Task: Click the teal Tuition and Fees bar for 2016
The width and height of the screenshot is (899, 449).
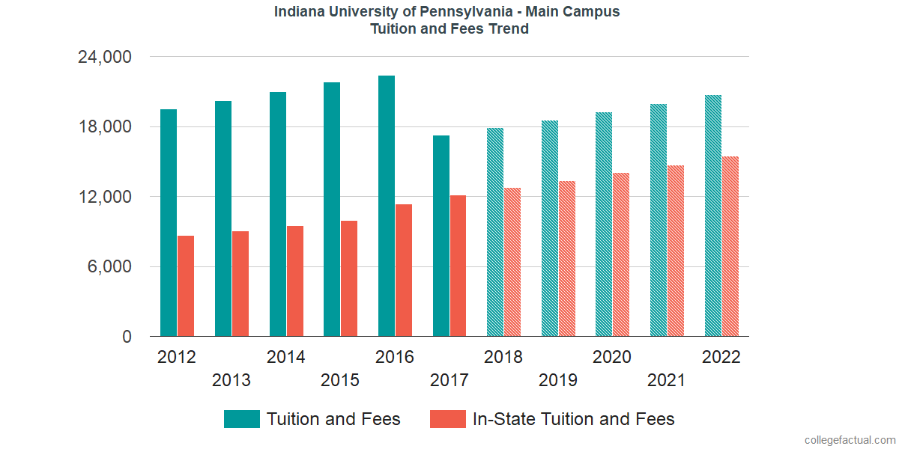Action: [387, 206]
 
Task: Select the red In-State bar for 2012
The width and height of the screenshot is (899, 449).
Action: [186, 286]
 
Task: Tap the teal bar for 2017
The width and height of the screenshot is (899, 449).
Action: [441, 236]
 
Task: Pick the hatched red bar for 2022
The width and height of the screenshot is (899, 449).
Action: [730, 246]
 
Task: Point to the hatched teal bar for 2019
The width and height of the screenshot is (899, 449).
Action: [550, 228]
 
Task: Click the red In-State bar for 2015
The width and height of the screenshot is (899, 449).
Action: [349, 278]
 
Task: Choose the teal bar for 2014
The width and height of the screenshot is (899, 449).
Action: [278, 214]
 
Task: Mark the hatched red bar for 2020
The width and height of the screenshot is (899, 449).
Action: [621, 254]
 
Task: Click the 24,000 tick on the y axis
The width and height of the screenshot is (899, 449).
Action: [105, 57]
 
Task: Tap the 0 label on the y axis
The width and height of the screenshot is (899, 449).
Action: [127, 337]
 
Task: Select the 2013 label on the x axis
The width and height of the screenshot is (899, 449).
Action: [231, 380]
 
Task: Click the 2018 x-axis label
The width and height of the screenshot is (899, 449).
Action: [503, 357]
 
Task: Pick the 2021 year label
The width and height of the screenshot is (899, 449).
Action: [666, 380]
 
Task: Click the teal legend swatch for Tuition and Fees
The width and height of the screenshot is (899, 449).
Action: [242, 419]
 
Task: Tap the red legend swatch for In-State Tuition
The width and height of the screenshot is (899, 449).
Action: [448, 419]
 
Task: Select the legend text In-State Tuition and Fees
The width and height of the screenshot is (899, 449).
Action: [573, 419]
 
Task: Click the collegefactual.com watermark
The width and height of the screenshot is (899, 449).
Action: [849, 440]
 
